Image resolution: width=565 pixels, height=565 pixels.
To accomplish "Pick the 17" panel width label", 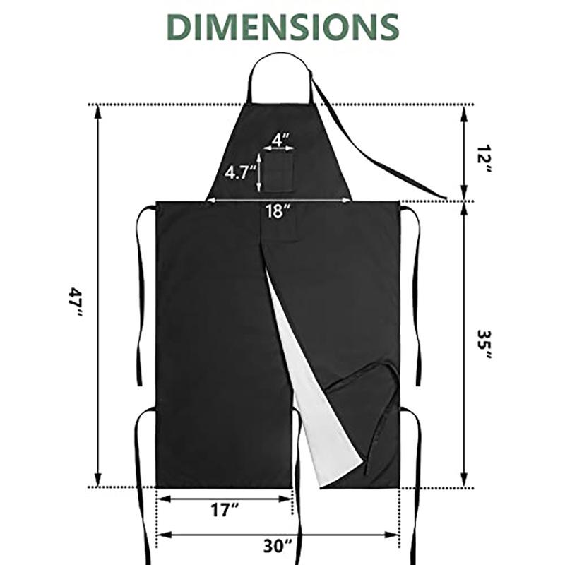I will click(225, 510).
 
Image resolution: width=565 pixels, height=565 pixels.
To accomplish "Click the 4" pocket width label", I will click(280, 139).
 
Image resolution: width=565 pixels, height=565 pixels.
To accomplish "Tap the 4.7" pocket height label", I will click(239, 172).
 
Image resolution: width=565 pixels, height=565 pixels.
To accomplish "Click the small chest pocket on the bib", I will click(280, 172).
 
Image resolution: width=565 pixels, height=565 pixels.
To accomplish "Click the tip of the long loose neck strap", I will click(445, 197).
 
